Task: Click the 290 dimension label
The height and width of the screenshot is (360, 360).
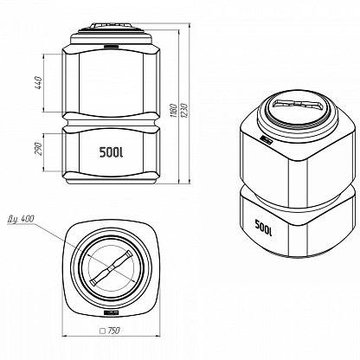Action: (x=39, y=149)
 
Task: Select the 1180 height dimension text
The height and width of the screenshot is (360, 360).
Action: (x=174, y=110)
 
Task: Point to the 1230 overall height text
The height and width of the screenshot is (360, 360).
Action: (x=184, y=110)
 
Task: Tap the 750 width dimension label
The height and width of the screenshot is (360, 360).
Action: (x=113, y=331)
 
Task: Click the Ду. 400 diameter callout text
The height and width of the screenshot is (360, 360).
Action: (x=21, y=219)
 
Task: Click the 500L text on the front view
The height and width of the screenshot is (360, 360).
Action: (x=111, y=152)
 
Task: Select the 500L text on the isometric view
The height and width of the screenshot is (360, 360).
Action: (x=263, y=228)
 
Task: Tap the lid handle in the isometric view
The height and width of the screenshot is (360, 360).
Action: (x=297, y=104)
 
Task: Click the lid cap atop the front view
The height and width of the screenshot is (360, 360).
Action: (x=112, y=26)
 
